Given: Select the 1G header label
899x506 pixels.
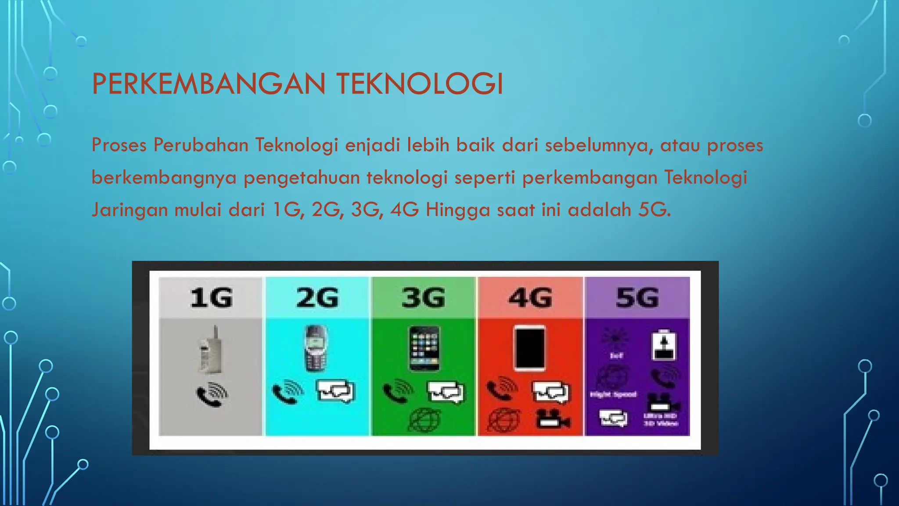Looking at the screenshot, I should tap(211, 298).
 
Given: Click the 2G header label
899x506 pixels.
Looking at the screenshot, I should tap(317, 298).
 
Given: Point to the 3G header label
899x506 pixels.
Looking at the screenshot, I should tap(424, 298).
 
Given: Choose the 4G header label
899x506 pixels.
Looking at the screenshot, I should tap(530, 298).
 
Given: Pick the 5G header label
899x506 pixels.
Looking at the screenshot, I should tap(637, 298).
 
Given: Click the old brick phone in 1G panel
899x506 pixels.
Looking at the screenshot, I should tap(211, 350).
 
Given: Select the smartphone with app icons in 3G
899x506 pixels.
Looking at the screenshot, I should tap(424, 348).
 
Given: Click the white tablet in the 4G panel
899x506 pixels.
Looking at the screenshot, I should tap(530, 348).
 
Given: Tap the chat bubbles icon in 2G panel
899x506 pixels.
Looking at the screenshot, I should tap(335, 391).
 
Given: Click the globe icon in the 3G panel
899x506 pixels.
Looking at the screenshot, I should tap(424, 419).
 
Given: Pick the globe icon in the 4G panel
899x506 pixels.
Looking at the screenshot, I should tap(504, 419).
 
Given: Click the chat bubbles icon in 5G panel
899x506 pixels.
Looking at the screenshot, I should tap(614, 418).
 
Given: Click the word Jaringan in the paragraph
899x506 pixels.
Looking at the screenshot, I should tap(129, 210).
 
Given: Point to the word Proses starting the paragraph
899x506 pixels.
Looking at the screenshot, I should tap(119, 145).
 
